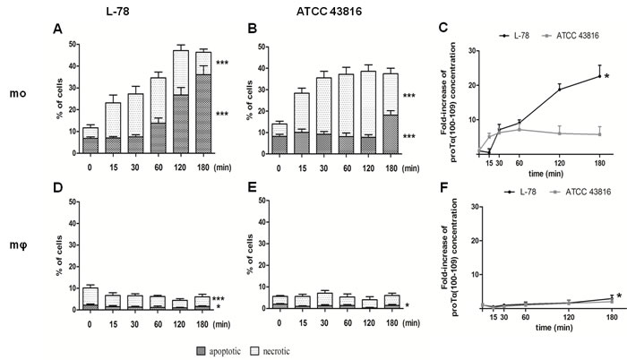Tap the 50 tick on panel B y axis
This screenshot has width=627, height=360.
pos(263,43)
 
